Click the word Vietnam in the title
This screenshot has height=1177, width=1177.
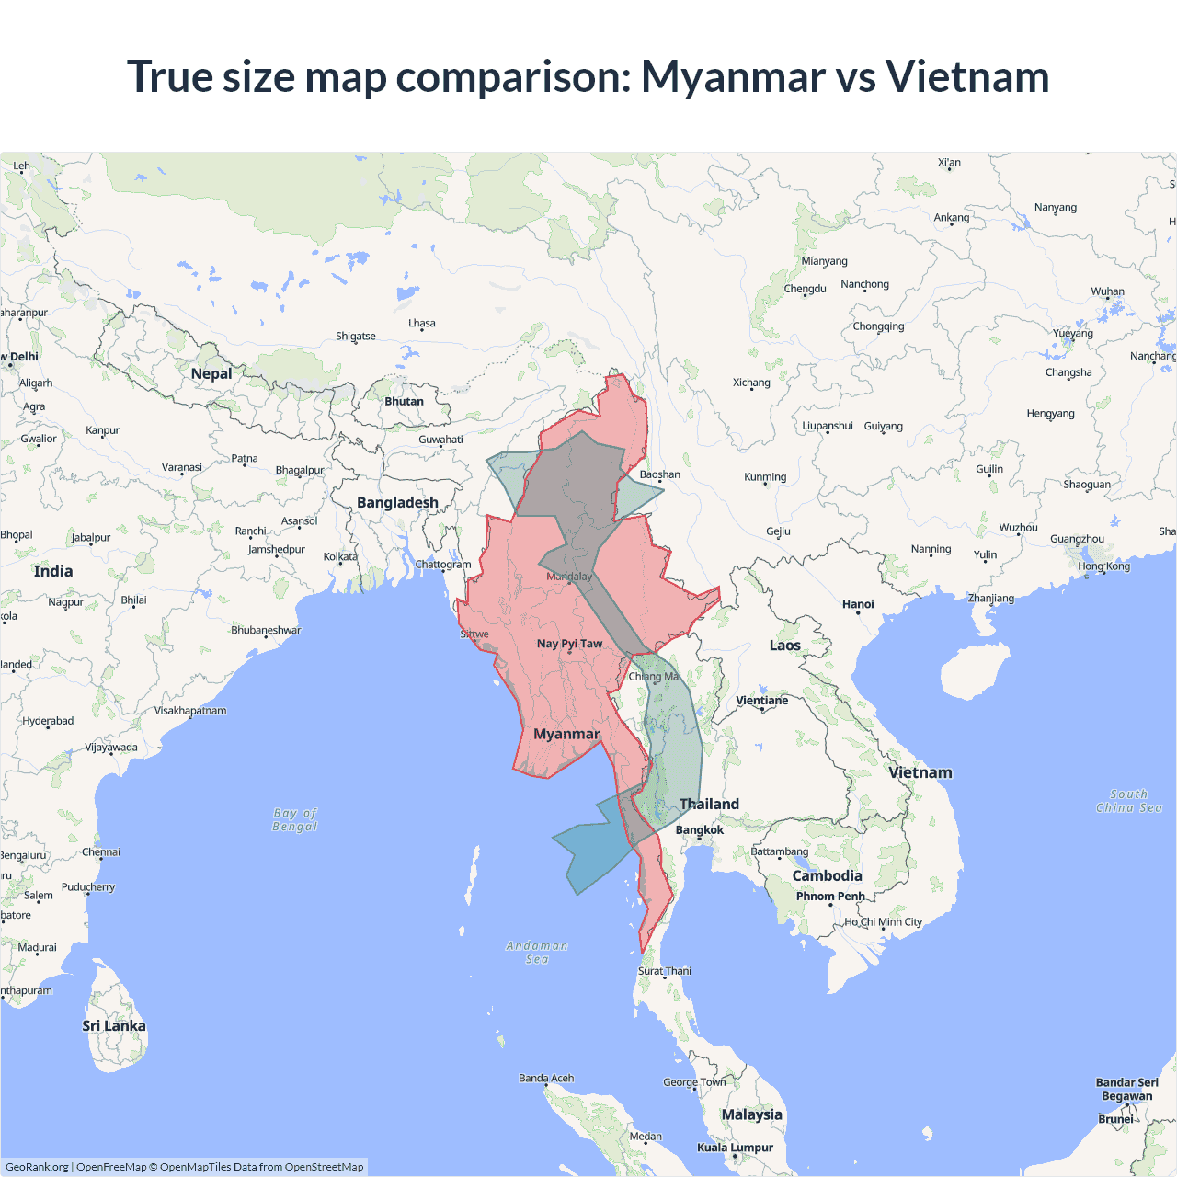pyautogui.click(x=967, y=77)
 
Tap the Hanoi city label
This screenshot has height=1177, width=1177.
pyautogui.click(x=858, y=604)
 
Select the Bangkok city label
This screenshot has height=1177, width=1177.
pyautogui.click(x=700, y=830)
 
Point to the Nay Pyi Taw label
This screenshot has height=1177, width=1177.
pyautogui.click(x=569, y=644)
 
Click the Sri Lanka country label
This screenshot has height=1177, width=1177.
pyautogui.click(x=114, y=1026)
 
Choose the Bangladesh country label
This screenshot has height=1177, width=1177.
pyautogui.click(x=397, y=503)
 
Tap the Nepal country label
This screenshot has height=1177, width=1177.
pyautogui.click(x=211, y=373)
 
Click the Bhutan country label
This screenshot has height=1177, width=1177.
pyautogui.click(x=405, y=402)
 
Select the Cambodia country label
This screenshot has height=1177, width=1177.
pyautogui.click(x=828, y=876)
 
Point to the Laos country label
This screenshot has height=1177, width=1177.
pyautogui.click(x=785, y=646)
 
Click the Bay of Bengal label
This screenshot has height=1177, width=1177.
pyautogui.click(x=295, y=819)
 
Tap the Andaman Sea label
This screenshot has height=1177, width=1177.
pyautogui.click(x=537, y=953)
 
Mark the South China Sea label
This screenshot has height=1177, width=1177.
pyautogui.click(x=1129, y=801)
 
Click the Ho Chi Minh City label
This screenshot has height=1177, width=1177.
pyautogui.click(x=884, y=922)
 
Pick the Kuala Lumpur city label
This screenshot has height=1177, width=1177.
pyautogui.click(x=735, y=1148)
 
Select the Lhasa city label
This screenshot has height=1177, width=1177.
pyautogui.click(x=422, y=324)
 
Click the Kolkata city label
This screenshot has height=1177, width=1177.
pyautogui.click(x=340, y=557)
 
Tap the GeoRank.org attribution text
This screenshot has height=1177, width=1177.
pyautogui.click(x=37, y=1167)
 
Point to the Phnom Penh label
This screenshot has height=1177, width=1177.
pyautogui.click(x=830, y=897)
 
